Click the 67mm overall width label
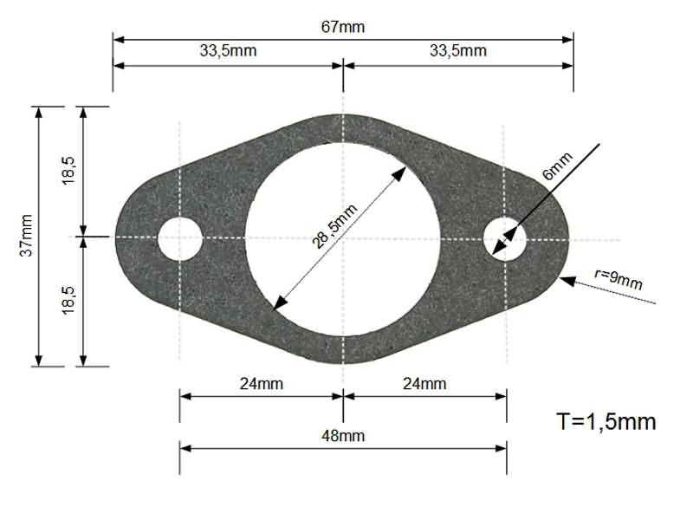click(343, 27)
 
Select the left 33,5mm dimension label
click(228, 51)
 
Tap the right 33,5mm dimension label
click(458, 51)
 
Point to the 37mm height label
click(27, 235)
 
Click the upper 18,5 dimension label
click(68, 170)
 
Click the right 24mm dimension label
click(424, 383)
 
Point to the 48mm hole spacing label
click(342, 436)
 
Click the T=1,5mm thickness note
click(606, 422)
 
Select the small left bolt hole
click(179, 237)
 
